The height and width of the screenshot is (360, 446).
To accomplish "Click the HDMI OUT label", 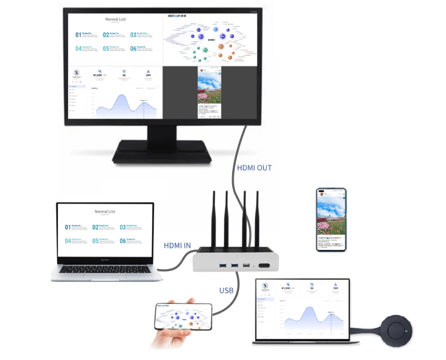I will point(254,168).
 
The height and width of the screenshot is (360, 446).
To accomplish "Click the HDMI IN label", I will point(177,245).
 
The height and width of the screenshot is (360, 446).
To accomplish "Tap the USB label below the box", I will point(226,290).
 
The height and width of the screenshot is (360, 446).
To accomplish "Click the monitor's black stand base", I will point(161,152).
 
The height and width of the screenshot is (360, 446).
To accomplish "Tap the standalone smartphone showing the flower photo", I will point(331,219).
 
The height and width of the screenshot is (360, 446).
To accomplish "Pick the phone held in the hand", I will point(183,315).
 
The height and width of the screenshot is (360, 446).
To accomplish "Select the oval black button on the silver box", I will point(264,266).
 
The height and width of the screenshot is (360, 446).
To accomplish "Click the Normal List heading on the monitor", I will point(115,19).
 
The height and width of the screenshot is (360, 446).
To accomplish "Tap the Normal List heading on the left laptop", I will point(105,212).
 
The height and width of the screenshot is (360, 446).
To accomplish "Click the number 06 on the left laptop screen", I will point(123,241).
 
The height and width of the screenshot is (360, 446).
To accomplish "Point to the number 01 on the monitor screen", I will point(78,35).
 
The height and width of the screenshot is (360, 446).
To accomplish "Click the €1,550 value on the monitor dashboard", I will point(98,75).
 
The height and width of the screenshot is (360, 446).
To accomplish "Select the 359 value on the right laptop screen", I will point(335,288).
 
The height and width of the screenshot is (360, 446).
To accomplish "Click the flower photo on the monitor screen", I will point(209,90).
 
